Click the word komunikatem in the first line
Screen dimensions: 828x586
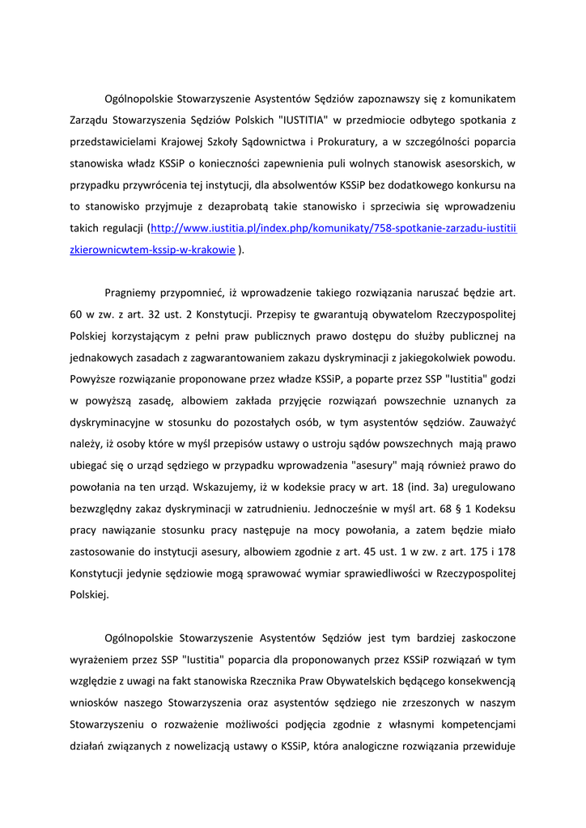(479, 99)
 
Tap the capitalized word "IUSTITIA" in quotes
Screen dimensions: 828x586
(302, 120)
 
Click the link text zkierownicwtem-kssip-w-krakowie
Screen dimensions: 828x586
(153, 251)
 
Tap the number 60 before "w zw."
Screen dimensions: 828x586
(78, 315)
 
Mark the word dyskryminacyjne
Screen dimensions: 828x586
(113, 422)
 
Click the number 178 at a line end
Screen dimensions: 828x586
(507, 552)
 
